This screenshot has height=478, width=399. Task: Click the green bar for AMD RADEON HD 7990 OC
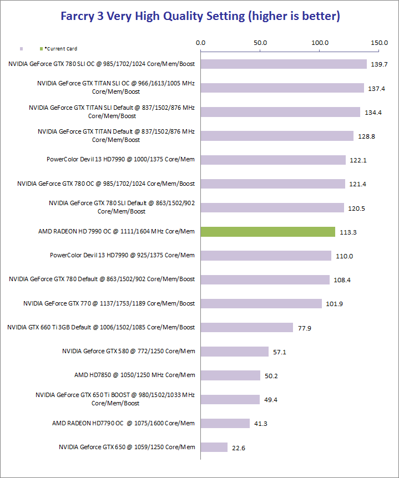point(268,231)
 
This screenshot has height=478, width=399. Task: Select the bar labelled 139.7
point(284,64)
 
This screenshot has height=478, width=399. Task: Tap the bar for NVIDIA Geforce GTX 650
point(214,447)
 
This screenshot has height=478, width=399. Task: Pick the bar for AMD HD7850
point(230,375)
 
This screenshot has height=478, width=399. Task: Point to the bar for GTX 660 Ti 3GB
point(247,327)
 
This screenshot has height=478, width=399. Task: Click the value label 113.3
point(348,232)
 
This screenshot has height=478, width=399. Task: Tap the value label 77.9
point(305,328)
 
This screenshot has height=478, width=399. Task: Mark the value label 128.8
point(366,136)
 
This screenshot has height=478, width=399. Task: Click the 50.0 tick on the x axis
point(260,43)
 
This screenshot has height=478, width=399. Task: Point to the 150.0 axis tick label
point(380,43)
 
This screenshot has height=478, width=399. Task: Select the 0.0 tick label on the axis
point(201,43)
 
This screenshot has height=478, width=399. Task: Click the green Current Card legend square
point(41,49)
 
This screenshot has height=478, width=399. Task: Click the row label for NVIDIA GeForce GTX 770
point(109,303)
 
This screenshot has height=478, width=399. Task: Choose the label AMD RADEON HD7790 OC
point(123,423)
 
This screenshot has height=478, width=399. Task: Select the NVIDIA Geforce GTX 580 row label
point(128,351)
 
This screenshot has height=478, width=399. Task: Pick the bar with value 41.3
point(225,423)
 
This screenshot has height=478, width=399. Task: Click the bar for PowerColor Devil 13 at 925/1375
point(266,255)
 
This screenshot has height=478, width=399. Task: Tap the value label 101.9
point(335,304)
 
